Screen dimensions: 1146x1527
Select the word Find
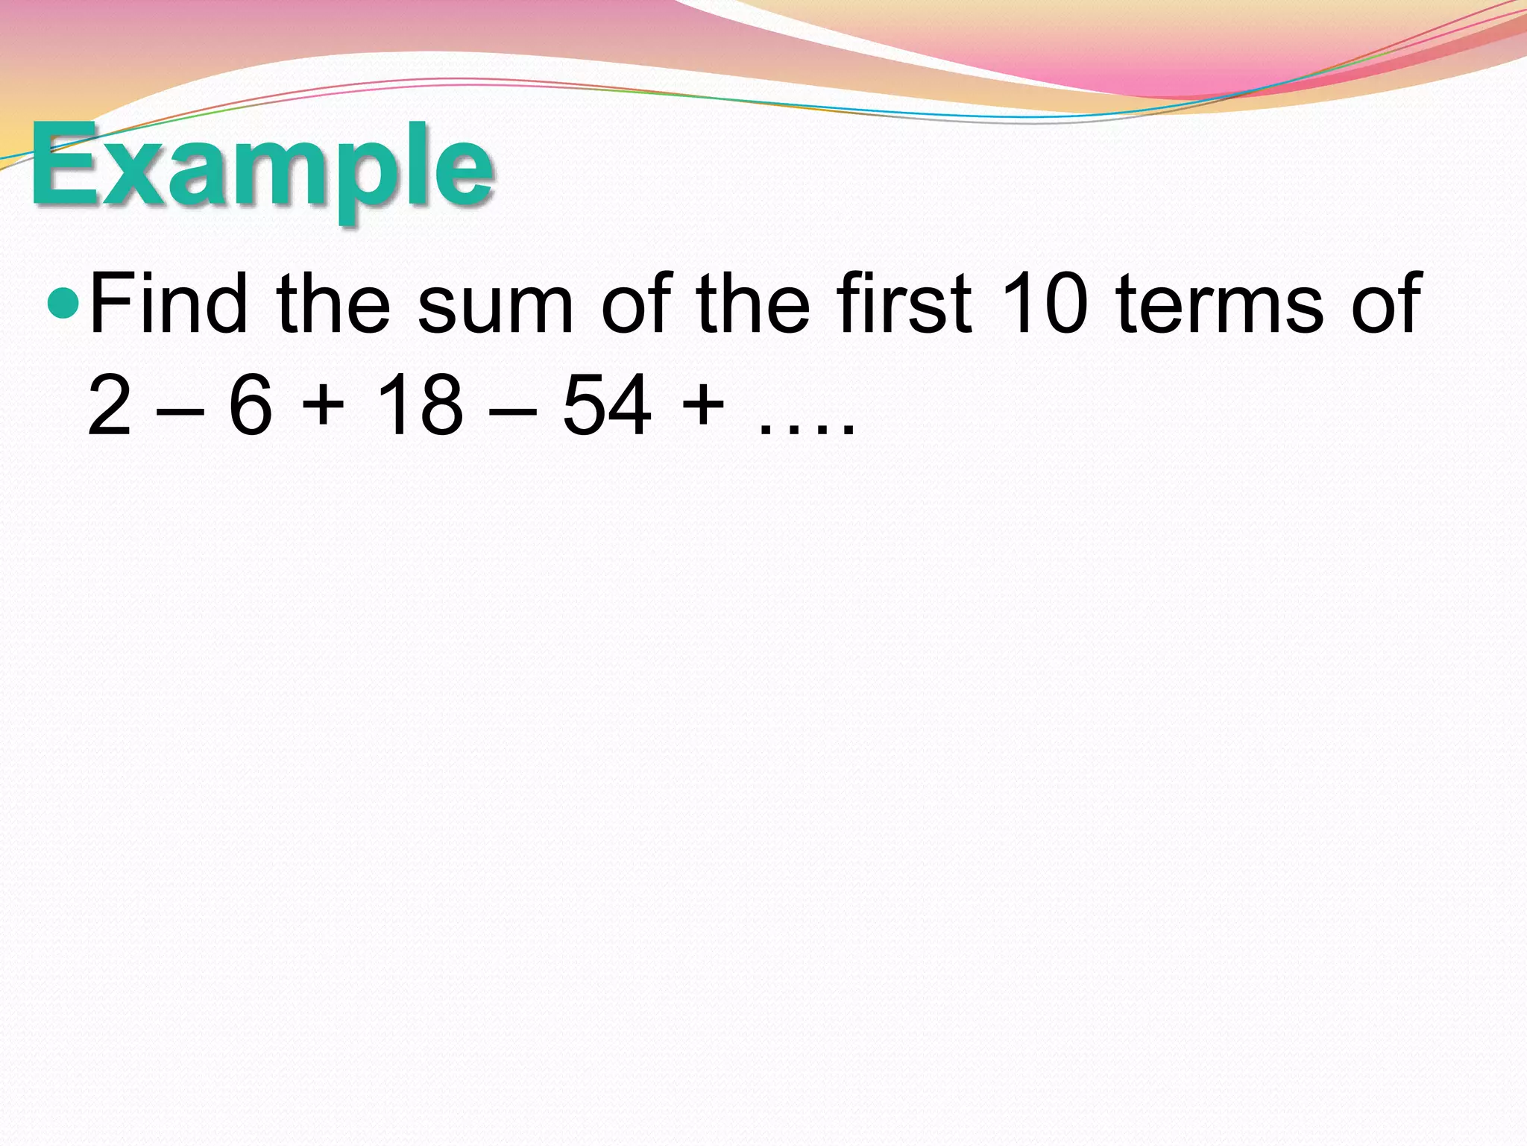tap(169, 303)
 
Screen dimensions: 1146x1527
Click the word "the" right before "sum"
tap(333, 303)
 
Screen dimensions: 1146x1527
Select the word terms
tap(1221, 306)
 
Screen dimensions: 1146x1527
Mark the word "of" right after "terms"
tap(1388, 303)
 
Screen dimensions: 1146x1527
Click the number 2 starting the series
tap(110, 406)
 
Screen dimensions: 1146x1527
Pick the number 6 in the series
tap(250, 406)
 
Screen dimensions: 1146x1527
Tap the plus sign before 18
tap(322, 407)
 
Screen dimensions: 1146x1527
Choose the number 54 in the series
tap(606, 406)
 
